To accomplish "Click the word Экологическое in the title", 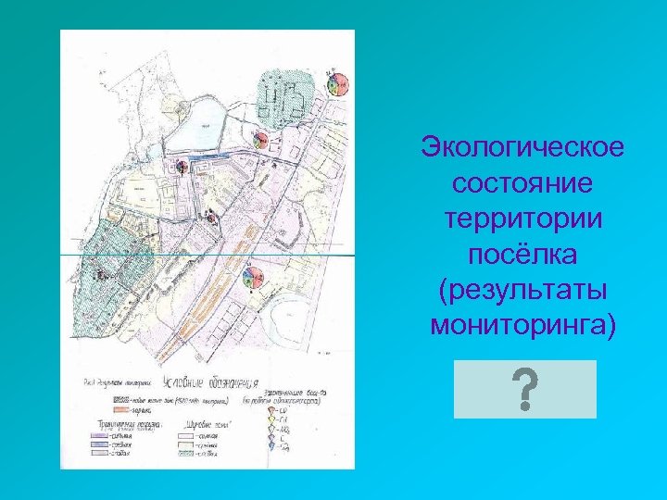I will click(522, 147).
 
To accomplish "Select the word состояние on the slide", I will click(522, 182).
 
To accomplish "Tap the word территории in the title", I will click(522, 219).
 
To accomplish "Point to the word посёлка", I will click(522, 254).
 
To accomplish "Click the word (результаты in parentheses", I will click(522, 290).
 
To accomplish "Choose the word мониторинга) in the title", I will click(522, 325).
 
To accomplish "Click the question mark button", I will click(524, 389).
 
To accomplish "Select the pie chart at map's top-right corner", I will click(337, 82).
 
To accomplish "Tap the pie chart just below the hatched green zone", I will click(262, 141).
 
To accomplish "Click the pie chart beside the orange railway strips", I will click(251, 277).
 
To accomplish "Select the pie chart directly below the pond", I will click(181, 166).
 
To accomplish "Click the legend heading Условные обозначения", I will click(197, 382).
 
